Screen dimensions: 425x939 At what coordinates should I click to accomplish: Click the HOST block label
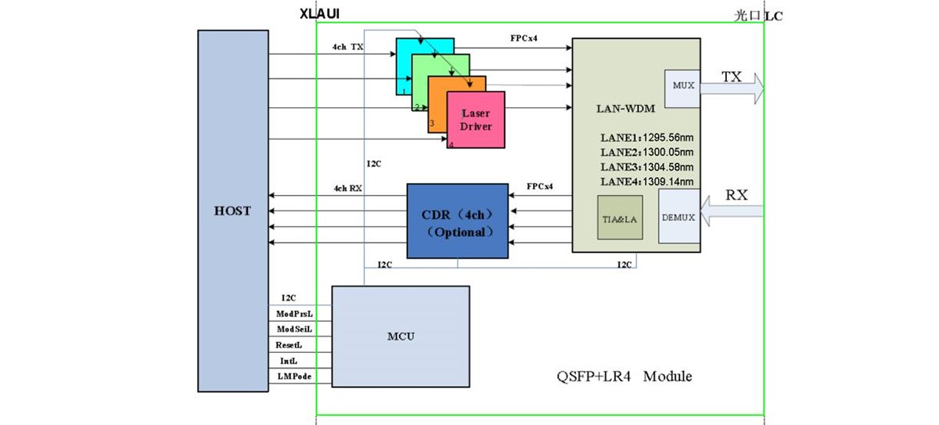(233, 211)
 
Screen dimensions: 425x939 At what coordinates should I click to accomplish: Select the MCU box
(401, 337)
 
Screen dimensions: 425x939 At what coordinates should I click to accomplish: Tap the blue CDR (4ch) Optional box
(457, 221)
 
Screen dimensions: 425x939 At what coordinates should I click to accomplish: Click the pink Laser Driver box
(476, 120)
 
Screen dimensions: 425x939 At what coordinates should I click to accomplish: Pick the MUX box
(677, 84)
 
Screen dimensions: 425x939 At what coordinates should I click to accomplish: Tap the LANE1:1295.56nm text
(647, 138)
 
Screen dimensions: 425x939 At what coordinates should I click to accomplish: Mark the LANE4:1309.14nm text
(647, 182)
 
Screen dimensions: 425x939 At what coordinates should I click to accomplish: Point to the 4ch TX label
(348, 48)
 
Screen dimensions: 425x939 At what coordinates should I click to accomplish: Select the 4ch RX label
(348, 189)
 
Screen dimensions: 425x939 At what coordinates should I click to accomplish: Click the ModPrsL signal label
(294, 313)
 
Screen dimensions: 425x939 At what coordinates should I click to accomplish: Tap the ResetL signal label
(289, 344)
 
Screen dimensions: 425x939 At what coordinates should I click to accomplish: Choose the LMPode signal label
(293, 376)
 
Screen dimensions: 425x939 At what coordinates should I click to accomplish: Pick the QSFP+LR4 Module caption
(620, 376)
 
